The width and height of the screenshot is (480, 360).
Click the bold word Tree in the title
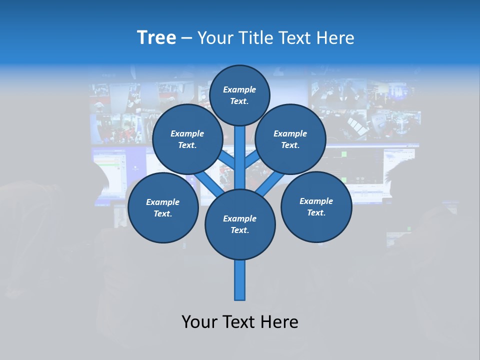(156, 38)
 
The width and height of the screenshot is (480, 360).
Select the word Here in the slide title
(336, 38)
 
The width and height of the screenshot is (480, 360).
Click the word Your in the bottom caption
(200, 322)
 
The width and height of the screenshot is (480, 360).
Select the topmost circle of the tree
(239, 95)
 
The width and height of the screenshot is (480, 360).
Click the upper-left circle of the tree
(187, 139)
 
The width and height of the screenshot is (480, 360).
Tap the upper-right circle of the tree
(290, 139)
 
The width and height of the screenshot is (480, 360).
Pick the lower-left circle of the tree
(163, 207)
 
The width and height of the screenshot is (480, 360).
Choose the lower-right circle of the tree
(316, 206)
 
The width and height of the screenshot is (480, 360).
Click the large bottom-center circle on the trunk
(240, 224)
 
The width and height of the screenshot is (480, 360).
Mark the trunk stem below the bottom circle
(240, 280)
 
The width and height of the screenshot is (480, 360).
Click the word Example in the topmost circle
(239, 89)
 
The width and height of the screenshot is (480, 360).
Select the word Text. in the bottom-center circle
(239, 230)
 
